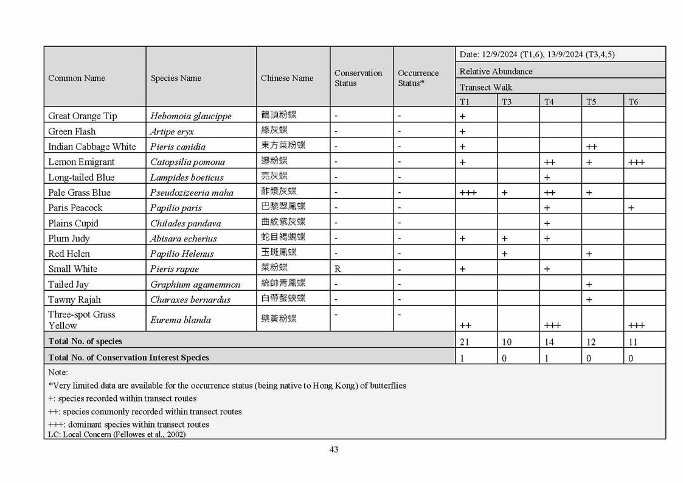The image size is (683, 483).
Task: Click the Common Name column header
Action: point(77,78)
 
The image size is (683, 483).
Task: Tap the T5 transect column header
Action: point(591,102)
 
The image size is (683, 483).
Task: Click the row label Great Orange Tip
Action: point(83,116)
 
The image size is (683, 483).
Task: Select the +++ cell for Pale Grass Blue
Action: point(468,193)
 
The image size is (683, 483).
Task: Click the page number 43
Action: point(333,450)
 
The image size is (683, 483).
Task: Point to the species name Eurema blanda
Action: point(181,319)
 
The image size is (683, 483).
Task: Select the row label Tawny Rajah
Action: point(75,299)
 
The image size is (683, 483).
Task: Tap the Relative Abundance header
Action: point(496,71)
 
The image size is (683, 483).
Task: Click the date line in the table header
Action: point(537,54)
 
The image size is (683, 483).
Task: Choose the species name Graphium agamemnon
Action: point(195,284)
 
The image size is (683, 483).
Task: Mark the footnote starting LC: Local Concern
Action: point(117,434)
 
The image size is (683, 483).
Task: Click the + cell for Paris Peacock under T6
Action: point(631,208)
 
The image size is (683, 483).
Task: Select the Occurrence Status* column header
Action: point(418,78)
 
